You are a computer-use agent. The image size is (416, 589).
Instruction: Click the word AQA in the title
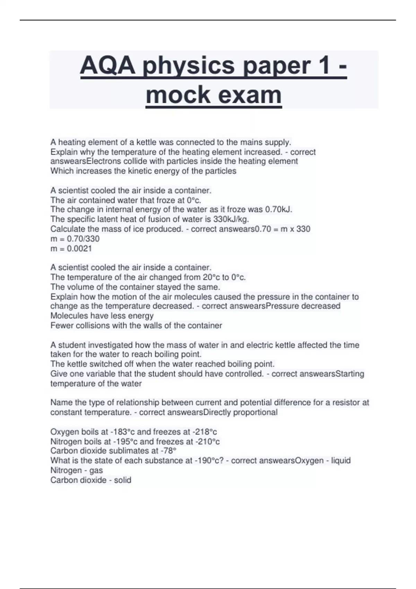pyautogui.click(x=108, y=65)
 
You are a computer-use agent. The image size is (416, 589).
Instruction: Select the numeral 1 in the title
pyautogui.click(x=323, y=65)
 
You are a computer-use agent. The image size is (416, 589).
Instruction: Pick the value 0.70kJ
pyautogui.click(x=278, y=210)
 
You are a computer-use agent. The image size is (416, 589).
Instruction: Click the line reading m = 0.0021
pyautogui.click(x=71, y=248)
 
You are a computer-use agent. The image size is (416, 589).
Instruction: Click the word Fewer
pyautogui.click(x=61, y=326)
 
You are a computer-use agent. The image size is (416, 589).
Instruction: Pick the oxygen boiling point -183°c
pyautogui.click(x=122, y=432)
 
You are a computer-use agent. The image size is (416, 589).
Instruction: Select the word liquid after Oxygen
pyautogui.click(x=341, y=460)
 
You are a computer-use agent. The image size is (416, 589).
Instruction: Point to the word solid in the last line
pyautogui.click(x=122, y=480)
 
